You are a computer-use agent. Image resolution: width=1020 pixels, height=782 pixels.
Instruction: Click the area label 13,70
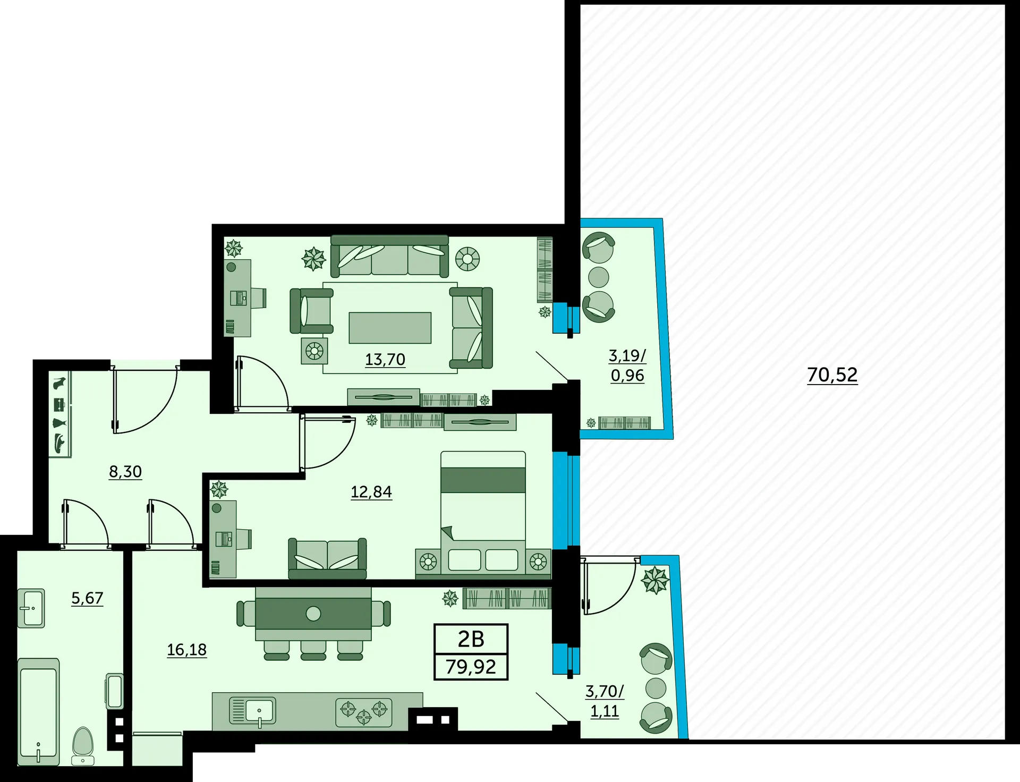[x=385, y=360]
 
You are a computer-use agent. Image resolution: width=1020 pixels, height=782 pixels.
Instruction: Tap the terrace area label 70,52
[x=832, y=375]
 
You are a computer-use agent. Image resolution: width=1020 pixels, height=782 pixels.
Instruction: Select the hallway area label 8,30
[x=125, y=472]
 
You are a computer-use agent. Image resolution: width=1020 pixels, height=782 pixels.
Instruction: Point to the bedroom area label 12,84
[x=371, y=492]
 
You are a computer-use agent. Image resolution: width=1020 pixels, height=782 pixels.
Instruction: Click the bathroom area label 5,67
[x=87, y=598]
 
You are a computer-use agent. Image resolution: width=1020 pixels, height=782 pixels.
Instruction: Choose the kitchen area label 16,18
[x=187, y=650]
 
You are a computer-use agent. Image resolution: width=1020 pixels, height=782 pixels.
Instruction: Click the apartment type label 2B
[x=471, y=639]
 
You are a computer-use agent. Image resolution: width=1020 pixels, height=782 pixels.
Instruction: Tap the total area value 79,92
[x=471, y=667]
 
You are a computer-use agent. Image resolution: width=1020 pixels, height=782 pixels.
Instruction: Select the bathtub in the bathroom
[x=38, y=712]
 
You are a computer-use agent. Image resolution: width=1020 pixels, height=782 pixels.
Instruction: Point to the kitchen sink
[x=253, y=711]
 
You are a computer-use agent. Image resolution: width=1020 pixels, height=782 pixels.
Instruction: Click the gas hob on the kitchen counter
[x=364, y=712]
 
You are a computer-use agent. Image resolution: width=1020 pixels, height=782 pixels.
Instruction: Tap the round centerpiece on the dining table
[x=313, y=614]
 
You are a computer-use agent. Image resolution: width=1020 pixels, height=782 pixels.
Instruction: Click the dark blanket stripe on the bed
[x=483, y=480]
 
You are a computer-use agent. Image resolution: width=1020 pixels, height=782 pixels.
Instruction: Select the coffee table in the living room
[x=390, y=328]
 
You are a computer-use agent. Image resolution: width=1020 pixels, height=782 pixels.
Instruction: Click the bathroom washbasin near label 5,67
[x=31, y=608]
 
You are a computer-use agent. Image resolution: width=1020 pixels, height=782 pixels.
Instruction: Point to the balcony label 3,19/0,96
[x=627, y=365]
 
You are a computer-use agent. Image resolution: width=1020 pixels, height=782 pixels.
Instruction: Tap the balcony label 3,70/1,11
[x=605, y=701]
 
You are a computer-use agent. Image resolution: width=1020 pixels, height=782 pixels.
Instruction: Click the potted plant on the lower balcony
[x=655, y=580]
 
